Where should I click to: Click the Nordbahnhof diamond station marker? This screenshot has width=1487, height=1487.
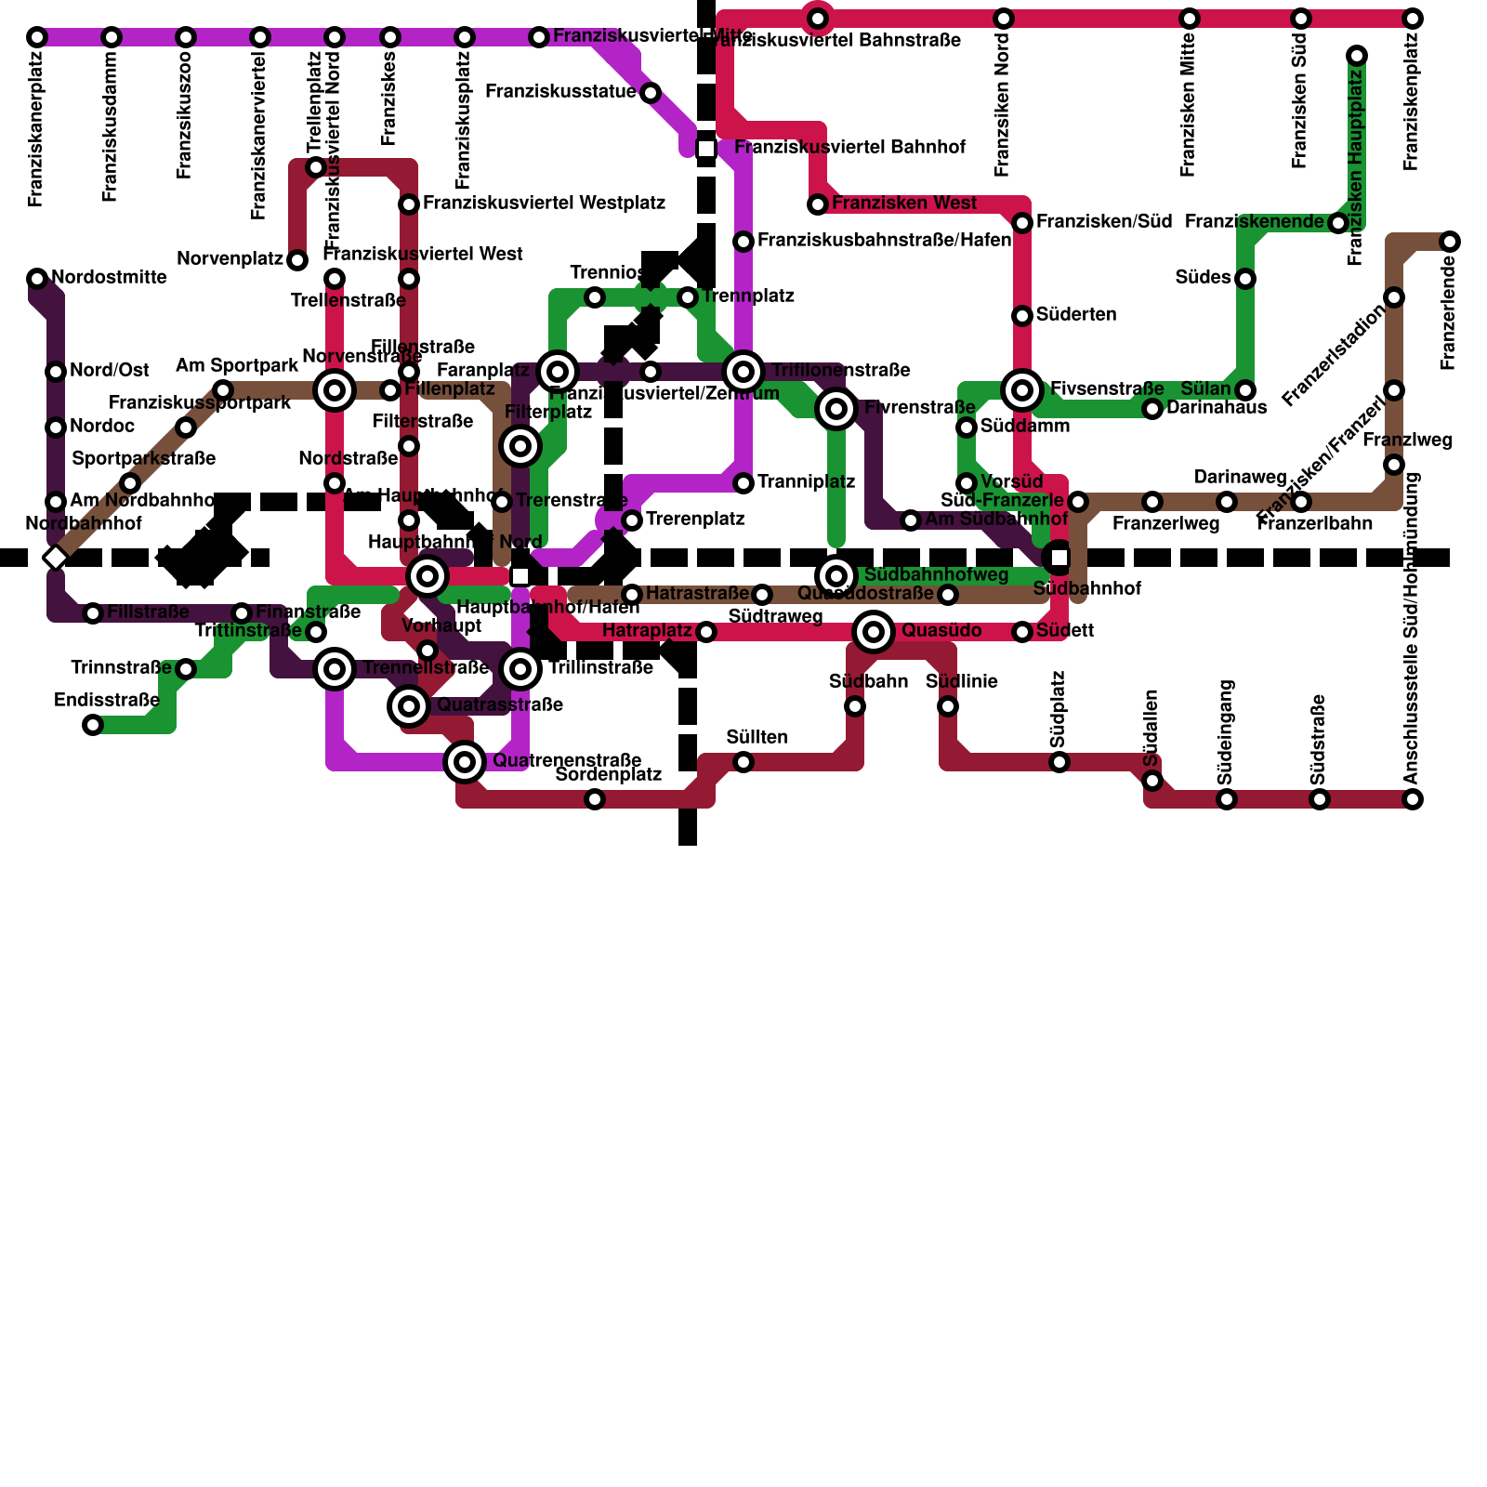56,558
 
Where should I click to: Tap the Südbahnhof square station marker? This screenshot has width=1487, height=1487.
1059,558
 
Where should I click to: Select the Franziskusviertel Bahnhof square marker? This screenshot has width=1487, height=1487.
706,149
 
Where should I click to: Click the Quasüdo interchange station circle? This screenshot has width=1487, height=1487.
874,632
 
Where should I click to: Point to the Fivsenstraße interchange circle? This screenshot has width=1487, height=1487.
1022,390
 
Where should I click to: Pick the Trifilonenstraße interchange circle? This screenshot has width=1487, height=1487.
743,372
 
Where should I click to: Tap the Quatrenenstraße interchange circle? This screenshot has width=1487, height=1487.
465,762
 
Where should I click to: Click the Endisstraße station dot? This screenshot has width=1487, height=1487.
93,725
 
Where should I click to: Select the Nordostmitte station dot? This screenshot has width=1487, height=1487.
37,279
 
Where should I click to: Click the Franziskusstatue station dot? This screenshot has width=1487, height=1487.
651,93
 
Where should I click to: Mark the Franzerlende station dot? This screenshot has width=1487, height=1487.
1450,242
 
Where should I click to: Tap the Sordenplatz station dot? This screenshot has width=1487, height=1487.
595,799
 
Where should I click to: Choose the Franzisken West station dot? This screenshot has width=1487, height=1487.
818,204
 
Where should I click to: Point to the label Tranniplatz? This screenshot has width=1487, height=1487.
806,482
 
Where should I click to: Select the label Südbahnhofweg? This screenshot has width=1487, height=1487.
935,575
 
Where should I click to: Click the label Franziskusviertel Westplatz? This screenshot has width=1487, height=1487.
544,204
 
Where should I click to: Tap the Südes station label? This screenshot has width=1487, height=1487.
1202,278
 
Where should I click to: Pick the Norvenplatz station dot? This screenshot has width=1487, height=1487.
297,260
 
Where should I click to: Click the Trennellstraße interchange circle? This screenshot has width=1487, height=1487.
335,669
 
